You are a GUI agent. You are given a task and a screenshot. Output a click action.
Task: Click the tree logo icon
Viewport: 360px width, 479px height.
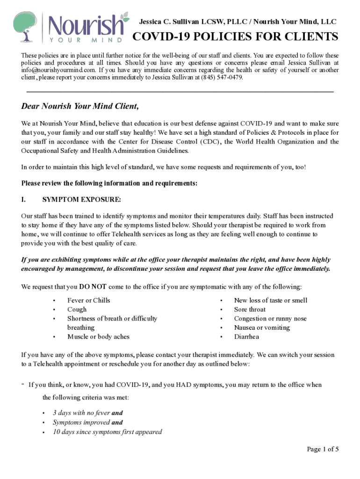(24, 27)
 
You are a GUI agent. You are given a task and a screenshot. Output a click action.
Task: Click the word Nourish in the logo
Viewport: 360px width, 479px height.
(86, 24)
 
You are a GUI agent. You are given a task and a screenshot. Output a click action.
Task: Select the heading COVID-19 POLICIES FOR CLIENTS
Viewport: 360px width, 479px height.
(236, 37)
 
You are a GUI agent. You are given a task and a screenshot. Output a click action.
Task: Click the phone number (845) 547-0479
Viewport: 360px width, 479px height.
(222, 77)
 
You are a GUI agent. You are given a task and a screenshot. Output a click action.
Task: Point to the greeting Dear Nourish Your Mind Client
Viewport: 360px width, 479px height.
(80, 106)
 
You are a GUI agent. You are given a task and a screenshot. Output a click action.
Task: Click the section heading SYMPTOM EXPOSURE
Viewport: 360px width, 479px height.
(82, 200)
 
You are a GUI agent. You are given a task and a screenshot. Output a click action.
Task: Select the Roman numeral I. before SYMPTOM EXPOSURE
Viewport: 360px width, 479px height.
(23, 200)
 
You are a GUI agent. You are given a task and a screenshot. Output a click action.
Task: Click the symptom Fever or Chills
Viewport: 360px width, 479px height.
(89, 300)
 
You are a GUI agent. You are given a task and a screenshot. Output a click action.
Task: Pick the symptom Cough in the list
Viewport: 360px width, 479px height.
(77, 309)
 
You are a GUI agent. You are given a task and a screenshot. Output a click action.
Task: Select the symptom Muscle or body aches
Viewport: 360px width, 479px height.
(98, 336)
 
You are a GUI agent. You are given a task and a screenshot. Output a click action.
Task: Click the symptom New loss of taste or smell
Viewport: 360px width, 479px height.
(270, 300)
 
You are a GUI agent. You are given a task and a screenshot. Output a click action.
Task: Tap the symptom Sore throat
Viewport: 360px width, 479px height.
(250, 309)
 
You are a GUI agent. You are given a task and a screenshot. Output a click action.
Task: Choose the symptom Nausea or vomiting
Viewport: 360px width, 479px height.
(262, 327)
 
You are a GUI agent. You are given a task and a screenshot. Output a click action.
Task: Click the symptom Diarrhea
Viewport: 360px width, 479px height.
(246, 336)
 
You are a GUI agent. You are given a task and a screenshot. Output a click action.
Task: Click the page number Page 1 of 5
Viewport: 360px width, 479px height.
(323, 449)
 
